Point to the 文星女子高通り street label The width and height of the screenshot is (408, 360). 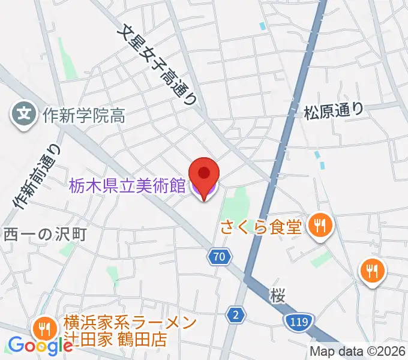click(160, 65)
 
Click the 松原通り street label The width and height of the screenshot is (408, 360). click(334, 110)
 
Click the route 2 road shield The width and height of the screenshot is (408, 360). click(237, 314)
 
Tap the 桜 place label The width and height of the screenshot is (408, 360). click(276, 295)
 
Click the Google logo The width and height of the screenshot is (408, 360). click(40, 346)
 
